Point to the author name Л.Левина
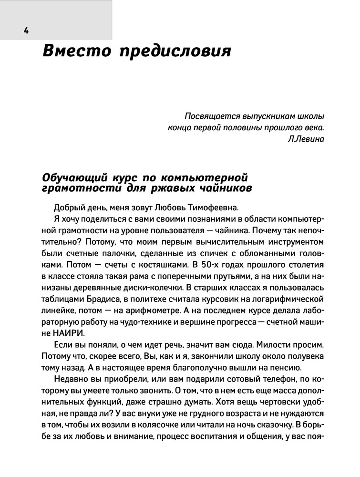pyautogui.click(x=306, y=139)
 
